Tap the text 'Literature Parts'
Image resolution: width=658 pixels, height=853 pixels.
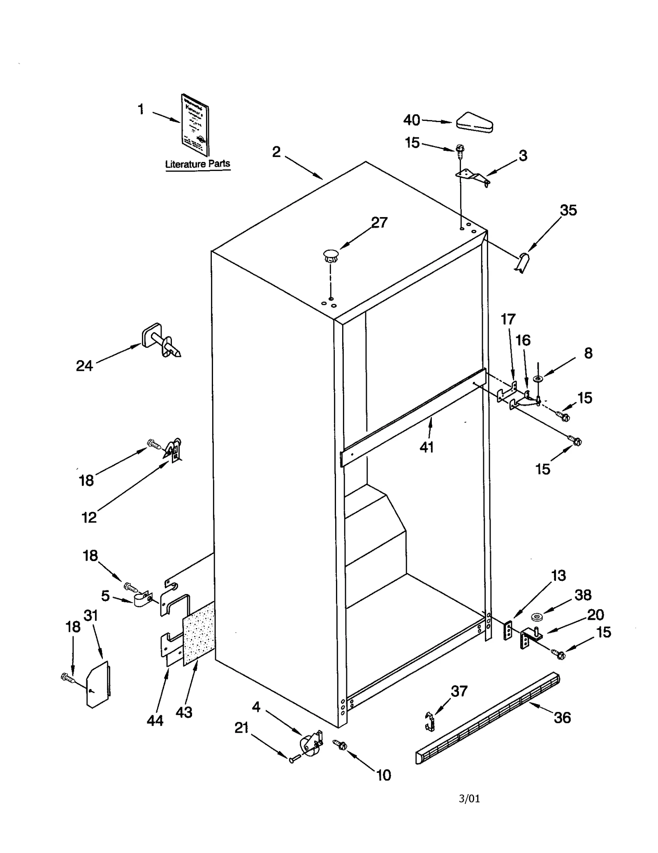coord(197,164)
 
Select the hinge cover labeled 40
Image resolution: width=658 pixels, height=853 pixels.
coord(474,123)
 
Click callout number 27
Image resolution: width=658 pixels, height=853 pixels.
coord(379,222)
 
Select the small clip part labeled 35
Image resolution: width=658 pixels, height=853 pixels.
coord(522,262)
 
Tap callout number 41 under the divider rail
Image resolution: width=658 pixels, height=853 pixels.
coord(426,447)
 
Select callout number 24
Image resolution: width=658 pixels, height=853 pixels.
coord(84,365)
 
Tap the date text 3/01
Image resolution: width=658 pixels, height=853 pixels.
coord(469,798)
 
